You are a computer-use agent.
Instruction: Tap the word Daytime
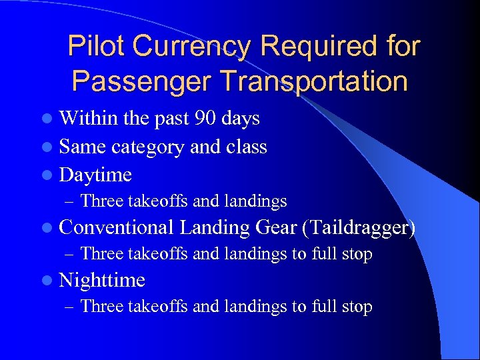coord(95,175)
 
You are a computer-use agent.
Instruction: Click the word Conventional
coord(116,227)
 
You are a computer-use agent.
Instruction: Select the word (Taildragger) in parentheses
coord(358,228)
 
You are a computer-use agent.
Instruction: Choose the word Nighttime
coord(101,280)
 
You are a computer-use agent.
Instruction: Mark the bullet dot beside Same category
coord(50,147)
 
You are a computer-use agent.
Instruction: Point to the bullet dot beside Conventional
coord(50,228)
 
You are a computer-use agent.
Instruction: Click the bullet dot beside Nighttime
coord(50,281)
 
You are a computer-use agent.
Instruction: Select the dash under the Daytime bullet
coord(71,201)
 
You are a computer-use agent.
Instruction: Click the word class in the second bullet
coord(247,147)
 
